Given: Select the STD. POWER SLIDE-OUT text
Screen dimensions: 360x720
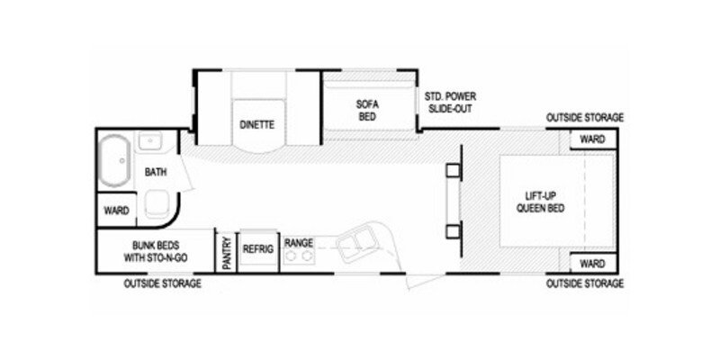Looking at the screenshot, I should click(x=451, y=102).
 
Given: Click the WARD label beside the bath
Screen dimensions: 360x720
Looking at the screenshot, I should click(x=117, y=211).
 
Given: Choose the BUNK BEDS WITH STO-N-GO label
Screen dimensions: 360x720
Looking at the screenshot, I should click(x=156, y=249).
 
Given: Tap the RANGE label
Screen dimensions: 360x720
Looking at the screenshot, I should click(x=298, y=243).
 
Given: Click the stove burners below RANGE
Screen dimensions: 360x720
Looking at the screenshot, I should click(x=298, y=258).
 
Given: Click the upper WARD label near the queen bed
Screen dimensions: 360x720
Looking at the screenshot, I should click(x=591, y=140).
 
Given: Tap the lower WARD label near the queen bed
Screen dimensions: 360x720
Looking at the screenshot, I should click(x=591, y=264).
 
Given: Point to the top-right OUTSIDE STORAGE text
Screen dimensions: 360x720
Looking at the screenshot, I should click(x=584, y=118).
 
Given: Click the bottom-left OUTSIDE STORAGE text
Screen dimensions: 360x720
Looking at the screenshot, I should click(x=162, y=283).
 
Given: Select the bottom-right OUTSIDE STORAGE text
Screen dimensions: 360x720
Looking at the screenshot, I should click(x=584, y=283).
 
